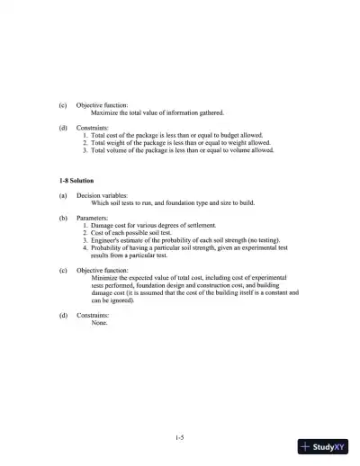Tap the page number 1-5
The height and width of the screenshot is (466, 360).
(x=180, y=438)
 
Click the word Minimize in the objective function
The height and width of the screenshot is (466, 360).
(x=107, y=278)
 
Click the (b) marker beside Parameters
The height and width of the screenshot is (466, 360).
(x=63, y=217)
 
